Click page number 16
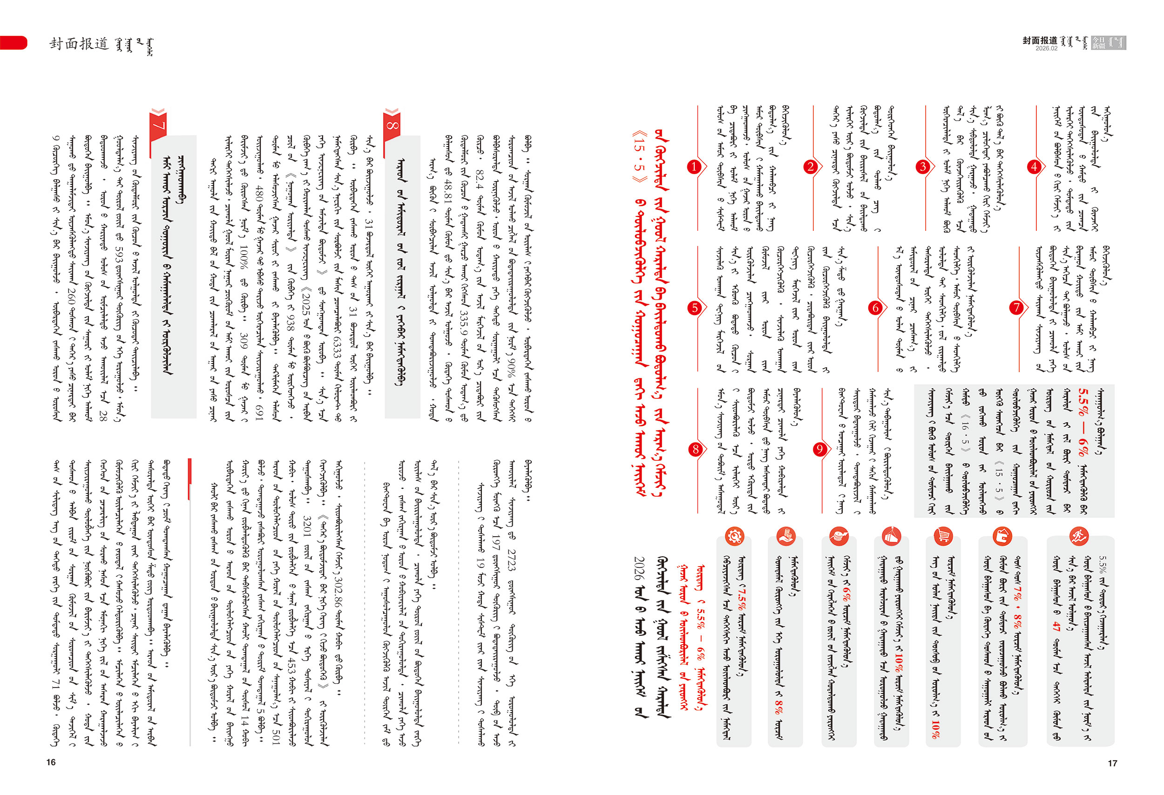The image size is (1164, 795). coord(51,762)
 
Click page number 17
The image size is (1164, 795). coord(1112,763)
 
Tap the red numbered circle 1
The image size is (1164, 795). coord(694,167)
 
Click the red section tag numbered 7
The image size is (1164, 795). coord(158,126)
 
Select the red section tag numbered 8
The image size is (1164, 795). coord(392,126)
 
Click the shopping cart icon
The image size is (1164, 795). coord(943,536)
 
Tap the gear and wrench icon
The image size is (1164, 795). coord(734,536)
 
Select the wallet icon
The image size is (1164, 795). coord(1003,536)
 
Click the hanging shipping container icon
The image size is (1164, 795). coord(891,536)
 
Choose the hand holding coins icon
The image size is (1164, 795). coord(786,536)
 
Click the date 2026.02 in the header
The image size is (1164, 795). coord(1046,48)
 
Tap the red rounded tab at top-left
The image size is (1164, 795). coord(14,42)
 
